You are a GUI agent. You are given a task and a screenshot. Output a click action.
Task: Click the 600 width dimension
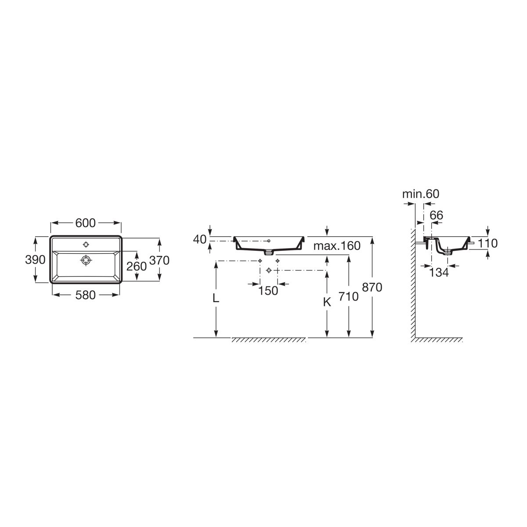click(86, 223)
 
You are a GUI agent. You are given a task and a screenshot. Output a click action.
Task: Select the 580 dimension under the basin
click(86, 295)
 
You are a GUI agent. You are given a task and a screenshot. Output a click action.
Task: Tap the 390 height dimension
click(35, 260)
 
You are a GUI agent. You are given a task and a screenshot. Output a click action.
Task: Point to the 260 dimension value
click(137, 266)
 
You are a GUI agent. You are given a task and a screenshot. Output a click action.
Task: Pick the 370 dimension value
click(159, 260)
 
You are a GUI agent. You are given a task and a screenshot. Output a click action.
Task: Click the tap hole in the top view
click(86, 245)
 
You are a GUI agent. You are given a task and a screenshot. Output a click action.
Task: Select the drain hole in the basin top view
click(86, 260)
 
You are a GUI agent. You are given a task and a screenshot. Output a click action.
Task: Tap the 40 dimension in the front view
click(200, 240)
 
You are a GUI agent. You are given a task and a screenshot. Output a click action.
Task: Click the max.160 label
click(337, 246)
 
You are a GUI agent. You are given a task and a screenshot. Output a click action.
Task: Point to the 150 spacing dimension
click(268, 291)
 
